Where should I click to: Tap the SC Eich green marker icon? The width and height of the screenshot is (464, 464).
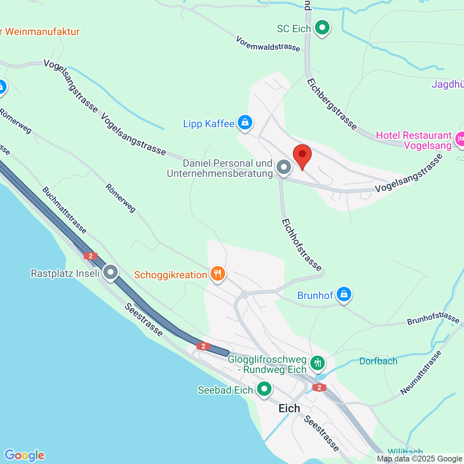pyautogui.click(x=322, y=28)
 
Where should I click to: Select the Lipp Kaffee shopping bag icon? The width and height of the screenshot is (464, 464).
pyautogui.click(x=245, y=123)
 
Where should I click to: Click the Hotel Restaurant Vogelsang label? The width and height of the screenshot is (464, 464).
pyautogui.click(x=414, y=140)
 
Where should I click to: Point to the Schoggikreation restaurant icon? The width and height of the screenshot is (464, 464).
pyautogui.click(x=217, y=274)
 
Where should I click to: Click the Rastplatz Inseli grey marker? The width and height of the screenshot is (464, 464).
pyautogui.click(x=111, y=272)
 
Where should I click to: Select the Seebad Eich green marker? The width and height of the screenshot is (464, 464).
pyautogui.click(x=264, y=389)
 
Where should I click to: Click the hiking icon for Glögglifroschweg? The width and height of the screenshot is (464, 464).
pyautogui.click(x=318, y=363)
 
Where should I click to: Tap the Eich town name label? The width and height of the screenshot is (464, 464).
pyautogui.click(x=289, y=409)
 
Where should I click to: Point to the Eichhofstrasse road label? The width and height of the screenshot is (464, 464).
pyautogui.click(x=302, y=245)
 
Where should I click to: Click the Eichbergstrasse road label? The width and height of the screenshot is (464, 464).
pyautogui.click(x=332, y=104)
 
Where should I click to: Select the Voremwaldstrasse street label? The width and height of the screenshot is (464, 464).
pyautogui.click(x=268, y=44)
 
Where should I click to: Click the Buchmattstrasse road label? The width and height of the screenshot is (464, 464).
pyautogui.click(x=64, y=210)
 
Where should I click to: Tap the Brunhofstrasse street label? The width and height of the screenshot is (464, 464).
pyautogui.click(x=433, y=318)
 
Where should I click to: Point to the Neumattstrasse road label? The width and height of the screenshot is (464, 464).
pyautogui.click(x=421, y=373)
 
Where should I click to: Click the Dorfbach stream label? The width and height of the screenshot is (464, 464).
pyautogui.click(x=378, y=361)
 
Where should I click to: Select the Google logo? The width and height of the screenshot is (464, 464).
pyautogui.click(x=24, y=455)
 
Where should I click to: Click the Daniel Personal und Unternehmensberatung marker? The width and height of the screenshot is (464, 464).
pyautogui.click(x=283, y=167)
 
